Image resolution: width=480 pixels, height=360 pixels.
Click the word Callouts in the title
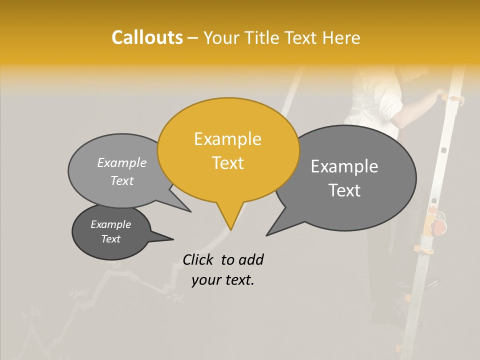[147, 37]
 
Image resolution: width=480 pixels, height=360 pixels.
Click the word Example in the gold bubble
[227, 139]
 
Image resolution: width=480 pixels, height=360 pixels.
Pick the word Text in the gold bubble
[227, 163]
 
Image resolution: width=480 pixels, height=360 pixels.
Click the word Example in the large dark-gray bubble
[344, 166]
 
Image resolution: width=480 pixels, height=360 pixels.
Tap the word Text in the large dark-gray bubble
[344, 190]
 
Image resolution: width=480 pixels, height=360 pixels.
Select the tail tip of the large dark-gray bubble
[267, 234]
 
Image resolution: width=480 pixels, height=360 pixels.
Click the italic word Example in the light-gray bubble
[122, 162]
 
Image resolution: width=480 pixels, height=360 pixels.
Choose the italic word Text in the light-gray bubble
[122, 180]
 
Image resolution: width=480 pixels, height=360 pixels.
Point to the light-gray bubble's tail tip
[190, 211]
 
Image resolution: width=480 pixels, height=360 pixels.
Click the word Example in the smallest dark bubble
[110, 224]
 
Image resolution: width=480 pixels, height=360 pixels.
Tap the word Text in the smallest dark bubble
[110, 239]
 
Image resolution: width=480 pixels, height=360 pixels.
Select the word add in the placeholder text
[251, 259]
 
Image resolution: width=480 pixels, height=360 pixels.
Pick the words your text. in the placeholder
[223, 280]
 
